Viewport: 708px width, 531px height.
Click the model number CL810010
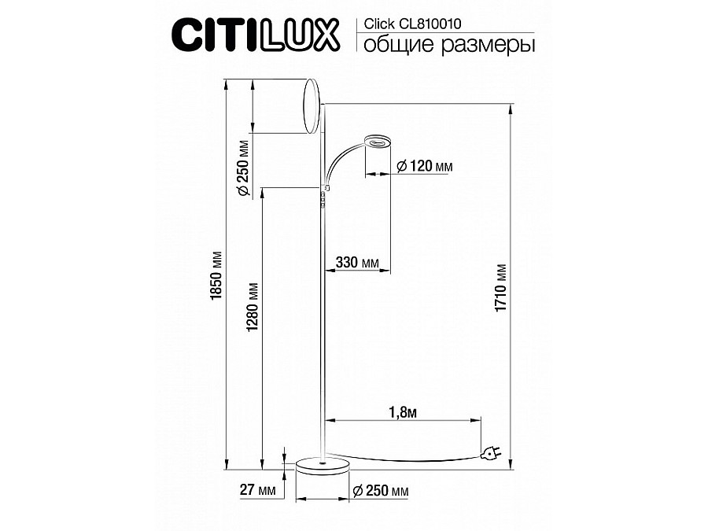pos(430,24)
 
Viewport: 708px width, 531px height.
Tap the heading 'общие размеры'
pos(449,45)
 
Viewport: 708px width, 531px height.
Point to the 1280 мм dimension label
pos(253,306)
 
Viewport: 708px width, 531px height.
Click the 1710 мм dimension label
pos(501,288)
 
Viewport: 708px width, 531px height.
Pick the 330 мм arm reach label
pos(357,262)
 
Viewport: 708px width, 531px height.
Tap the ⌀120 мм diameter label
pos(424,166)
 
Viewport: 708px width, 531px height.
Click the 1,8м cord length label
pos(403,411)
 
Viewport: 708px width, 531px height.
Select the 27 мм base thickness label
pos(257,489)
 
